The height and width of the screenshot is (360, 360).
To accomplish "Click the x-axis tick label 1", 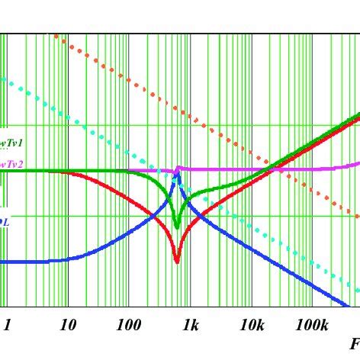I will click(x=7, y=326).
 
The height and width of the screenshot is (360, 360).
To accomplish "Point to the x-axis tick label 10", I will click(x=67, y=326).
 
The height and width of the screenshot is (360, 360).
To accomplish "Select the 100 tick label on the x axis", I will click(x=129, y=326).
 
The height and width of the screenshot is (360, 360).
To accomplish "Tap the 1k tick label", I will click(x=190, y=326).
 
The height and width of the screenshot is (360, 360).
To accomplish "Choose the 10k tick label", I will click(x=252, y=326).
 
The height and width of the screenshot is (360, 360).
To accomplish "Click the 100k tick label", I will click(x=313, y=326).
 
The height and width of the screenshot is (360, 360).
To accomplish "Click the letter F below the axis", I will click(x=355, y=345).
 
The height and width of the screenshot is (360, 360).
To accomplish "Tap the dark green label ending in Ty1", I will click(x=11, y=143).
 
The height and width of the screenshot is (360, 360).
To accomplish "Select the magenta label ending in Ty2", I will click(x=11, y=164).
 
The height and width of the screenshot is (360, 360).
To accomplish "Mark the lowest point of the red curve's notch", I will click(x=177, y=262).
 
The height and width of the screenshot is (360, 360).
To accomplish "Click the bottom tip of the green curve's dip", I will click(x=177, y=227).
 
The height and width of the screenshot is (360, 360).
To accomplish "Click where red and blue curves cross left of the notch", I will click(x=156, y=219).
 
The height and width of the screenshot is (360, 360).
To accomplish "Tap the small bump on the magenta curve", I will click(x=178, y=168).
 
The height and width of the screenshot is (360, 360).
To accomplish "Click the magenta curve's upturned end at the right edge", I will click(x=357, y=162).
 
